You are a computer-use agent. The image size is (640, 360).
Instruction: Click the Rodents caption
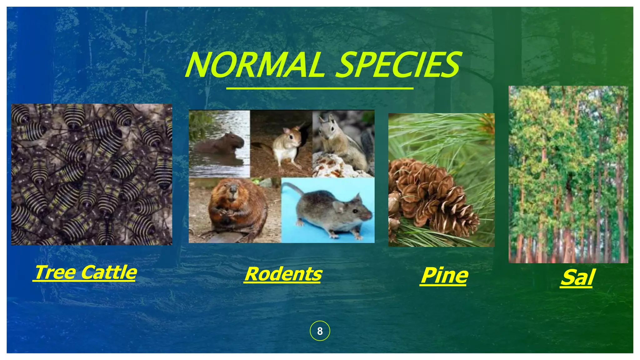point(283,274)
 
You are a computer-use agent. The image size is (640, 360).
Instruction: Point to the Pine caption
point(444,276)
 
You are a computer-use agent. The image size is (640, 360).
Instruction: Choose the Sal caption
point(577,277)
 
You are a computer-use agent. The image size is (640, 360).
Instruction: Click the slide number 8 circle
point(320,331)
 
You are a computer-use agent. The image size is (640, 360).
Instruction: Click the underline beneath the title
point(320,89)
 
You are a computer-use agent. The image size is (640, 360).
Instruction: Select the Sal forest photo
point(568,174)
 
